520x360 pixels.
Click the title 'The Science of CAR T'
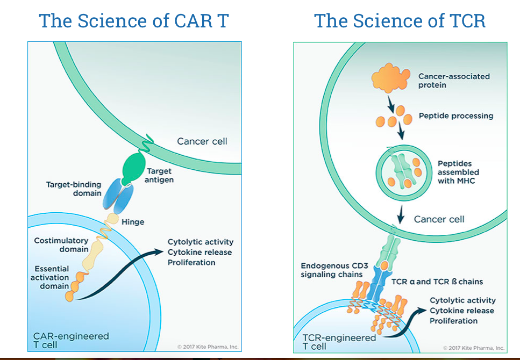(x=134, y=20)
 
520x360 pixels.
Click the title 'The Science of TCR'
(x=400, y=20)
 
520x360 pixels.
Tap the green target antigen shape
(x=134, y=168)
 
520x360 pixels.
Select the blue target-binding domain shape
(x=118, y=197)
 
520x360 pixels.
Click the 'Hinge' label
(x=133, y=222)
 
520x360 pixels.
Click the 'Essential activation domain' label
(x=50, y=277)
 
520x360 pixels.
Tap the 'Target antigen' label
(x=159, y=175)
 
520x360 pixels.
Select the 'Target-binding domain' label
(x=74, y=189)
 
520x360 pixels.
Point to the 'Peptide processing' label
(x=456, y=116)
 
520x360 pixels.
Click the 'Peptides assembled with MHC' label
(x=458, y=172)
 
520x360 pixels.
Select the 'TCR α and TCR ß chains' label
(x=437, y=282)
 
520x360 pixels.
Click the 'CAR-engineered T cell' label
(x=71, y=340)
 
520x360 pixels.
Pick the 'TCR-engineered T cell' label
(x=339, y=342)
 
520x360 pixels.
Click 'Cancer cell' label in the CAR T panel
(x=202, y=141)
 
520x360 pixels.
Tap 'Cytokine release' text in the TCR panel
(x=462, y=311)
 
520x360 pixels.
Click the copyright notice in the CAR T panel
(x=208, y=347)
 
